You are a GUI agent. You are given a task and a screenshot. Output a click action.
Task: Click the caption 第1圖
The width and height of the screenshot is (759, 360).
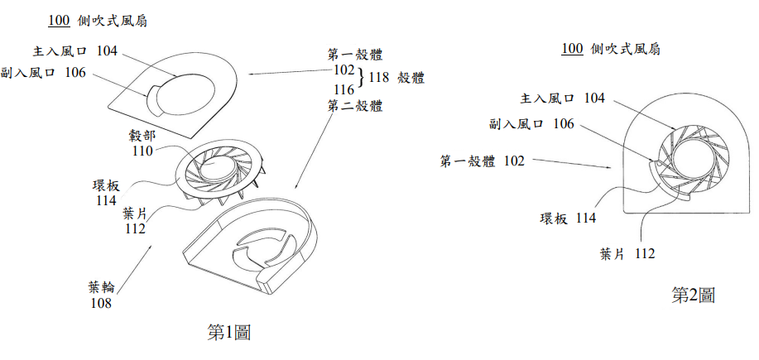[229, 333]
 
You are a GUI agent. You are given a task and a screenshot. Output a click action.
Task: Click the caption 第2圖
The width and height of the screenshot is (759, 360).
[693, 295]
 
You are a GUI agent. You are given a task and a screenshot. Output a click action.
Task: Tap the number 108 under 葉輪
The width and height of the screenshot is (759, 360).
[101, 304]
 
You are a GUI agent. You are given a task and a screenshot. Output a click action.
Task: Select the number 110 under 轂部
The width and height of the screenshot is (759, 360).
[143, 151]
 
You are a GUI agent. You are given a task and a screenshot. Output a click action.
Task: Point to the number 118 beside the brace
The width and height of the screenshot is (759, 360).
[379, 78]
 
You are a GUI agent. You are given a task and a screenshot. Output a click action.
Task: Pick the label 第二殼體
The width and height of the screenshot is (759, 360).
[355, 105]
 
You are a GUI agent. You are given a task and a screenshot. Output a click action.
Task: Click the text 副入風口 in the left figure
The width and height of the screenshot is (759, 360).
[27, 73]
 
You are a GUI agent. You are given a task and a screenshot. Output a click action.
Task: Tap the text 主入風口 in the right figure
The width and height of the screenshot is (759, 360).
[547, 98]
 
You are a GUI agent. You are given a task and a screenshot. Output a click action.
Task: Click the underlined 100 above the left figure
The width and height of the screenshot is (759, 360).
[59, 22]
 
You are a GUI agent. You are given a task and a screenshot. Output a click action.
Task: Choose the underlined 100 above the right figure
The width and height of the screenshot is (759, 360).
[572, 49]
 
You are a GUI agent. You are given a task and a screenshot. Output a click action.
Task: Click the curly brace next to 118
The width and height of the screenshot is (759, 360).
[361, 78]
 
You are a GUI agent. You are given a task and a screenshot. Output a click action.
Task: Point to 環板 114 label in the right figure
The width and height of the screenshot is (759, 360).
[568, 218]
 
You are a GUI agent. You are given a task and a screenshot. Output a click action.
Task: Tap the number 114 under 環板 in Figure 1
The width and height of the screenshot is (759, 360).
[106, 200]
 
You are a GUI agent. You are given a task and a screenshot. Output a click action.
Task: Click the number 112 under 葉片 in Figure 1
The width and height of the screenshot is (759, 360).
[135, 228]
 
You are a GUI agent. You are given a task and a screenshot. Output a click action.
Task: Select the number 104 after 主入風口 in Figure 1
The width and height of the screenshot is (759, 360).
[107, 50]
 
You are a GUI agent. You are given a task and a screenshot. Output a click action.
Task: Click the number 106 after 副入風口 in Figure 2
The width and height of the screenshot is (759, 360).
[564, 124]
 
